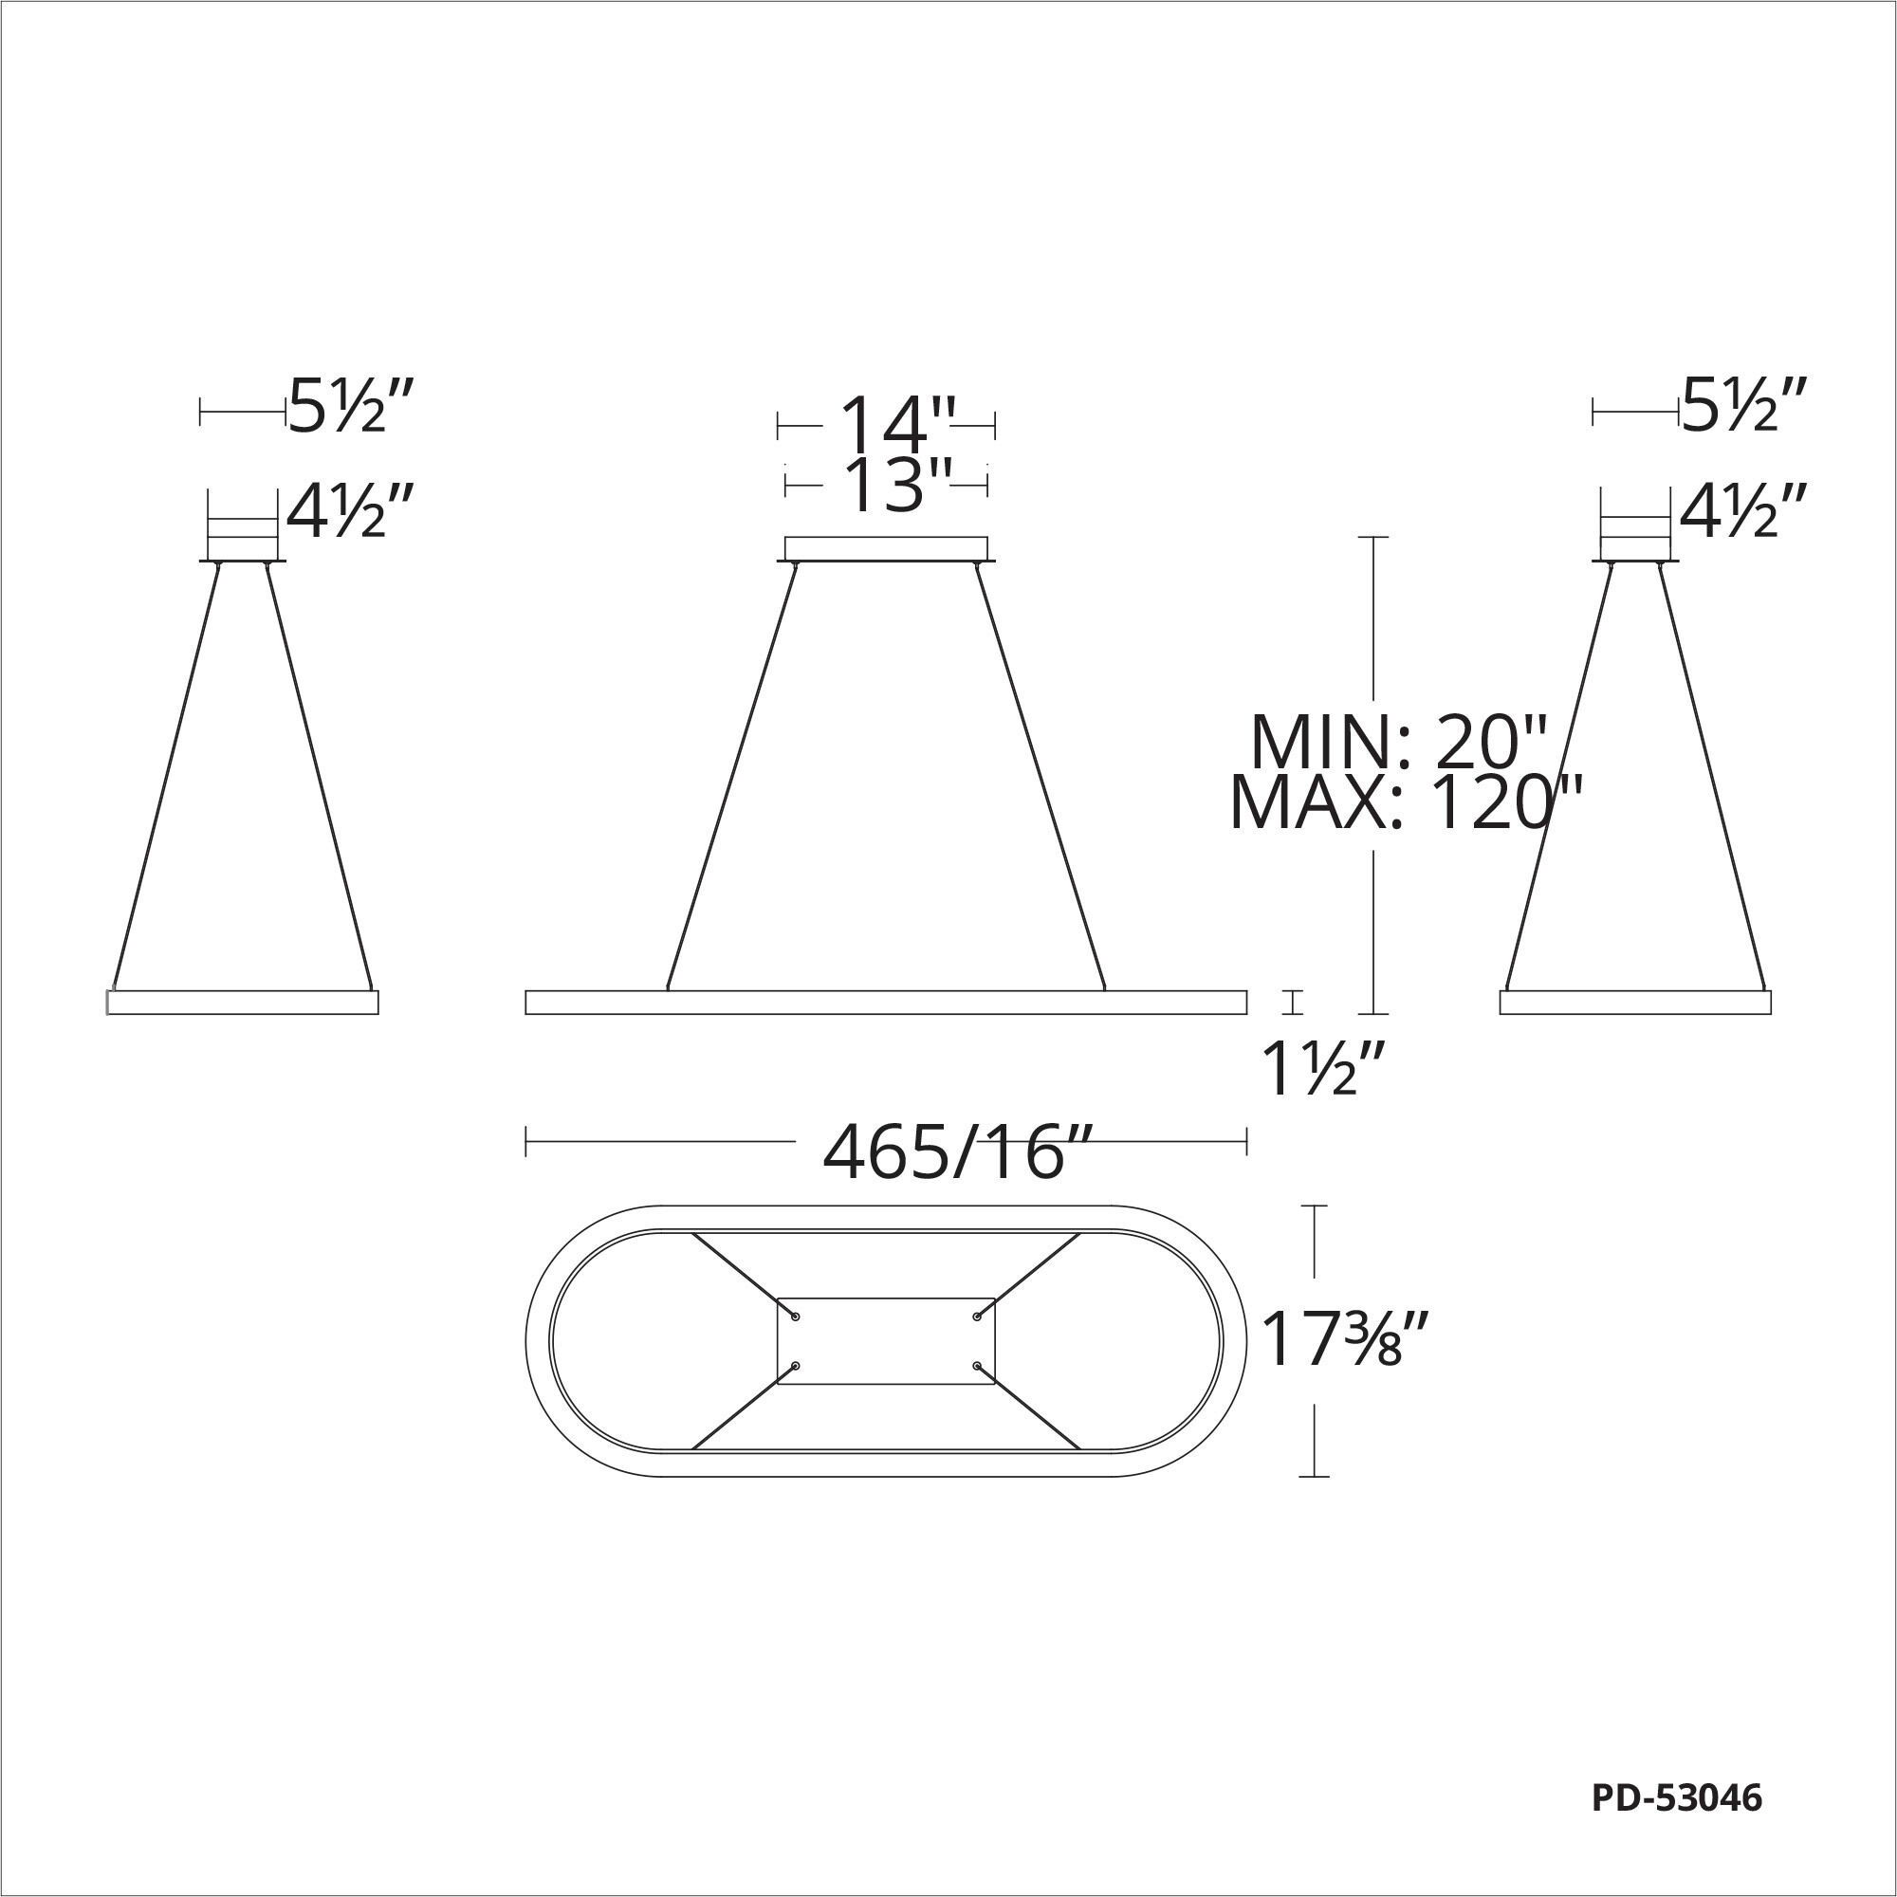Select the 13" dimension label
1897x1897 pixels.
coord(886,483)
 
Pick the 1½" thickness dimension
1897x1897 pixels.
coord(1324,1070)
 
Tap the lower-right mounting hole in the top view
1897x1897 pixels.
coord(977,1366)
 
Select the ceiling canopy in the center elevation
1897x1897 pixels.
coord(886,549)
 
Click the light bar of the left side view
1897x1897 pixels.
coord(243,1002)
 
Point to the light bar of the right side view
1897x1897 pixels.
coord(1636,1002)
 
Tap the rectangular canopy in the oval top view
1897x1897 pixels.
coord(886,1341)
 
